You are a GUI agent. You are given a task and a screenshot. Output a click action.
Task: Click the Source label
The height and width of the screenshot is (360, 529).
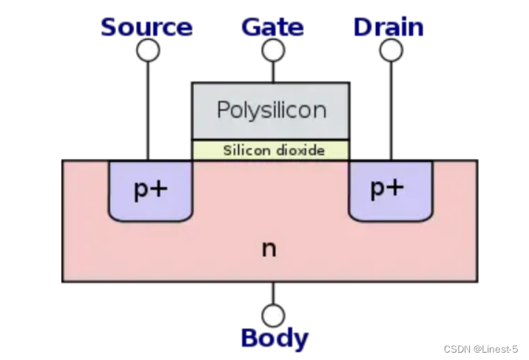tap(146, 27)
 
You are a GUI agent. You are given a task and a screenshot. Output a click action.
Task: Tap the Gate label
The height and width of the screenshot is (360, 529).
tap(272, 27)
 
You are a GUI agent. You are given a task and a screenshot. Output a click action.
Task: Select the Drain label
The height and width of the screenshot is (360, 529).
tap(388, 27)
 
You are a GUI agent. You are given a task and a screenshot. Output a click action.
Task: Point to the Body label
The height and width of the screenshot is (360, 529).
tap(274, 339)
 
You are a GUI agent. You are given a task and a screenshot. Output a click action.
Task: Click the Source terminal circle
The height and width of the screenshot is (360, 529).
tap(148, 50)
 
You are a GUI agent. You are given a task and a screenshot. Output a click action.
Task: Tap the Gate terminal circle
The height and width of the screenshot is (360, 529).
tap(273, 50)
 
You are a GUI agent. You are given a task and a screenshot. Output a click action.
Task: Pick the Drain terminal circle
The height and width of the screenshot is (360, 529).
tap(391, 50)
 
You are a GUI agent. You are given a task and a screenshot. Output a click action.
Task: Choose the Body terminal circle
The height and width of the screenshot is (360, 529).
tap(273, 316)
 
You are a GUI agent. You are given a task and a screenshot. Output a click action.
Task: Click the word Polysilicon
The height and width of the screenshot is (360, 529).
tap(271, 110)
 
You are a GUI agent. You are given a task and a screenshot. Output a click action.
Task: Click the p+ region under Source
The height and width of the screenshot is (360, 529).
tap(150, 203)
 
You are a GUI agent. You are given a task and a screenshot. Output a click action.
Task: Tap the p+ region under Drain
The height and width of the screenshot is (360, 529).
tap(390, 203)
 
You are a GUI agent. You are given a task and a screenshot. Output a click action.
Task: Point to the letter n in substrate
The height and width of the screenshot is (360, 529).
tap(269, 248)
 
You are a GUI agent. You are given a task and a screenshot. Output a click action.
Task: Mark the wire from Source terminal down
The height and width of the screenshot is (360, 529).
tap(148, 111)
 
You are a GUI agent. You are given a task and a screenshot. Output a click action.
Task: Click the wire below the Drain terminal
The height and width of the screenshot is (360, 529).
tap(391, 111)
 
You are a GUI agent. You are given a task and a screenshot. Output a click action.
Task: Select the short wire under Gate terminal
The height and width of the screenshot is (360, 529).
tap(273, 72)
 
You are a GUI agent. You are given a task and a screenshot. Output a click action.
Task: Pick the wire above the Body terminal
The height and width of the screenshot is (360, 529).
tap(273, 293)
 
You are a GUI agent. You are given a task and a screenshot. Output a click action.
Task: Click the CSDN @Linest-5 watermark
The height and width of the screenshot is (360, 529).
tap(481, 348)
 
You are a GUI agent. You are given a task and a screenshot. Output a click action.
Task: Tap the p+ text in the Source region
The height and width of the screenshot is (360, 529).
tap(150, 190)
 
